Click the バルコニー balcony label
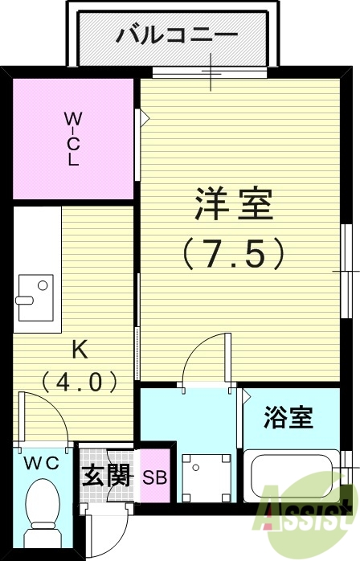(x=177, y=35)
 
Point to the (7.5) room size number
(x=233, y=254)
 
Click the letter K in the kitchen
(x=80, y=350)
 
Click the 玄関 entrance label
(x=106, y=476)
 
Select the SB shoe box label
(x=154, y=477)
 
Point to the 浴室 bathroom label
(x=288, y=418)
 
